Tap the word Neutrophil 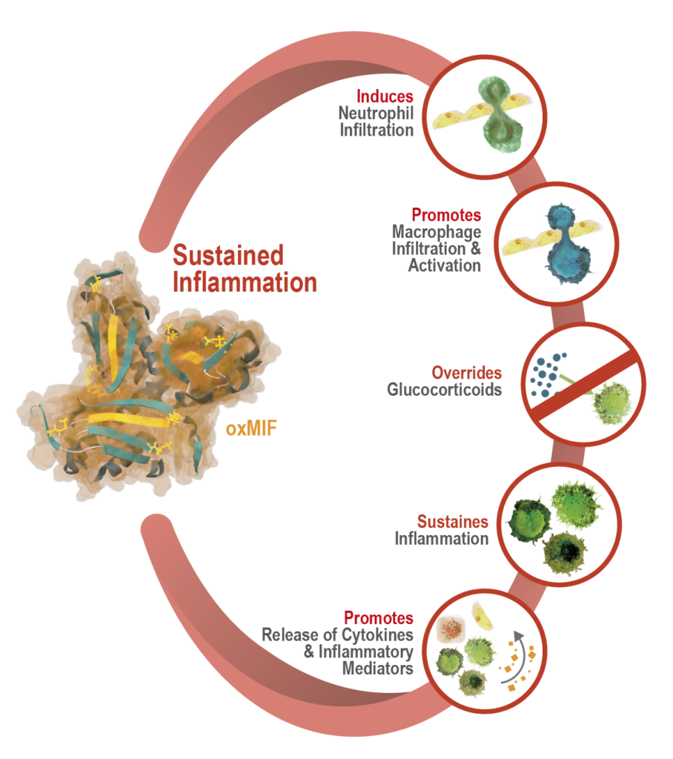tap(376, 113)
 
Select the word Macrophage tap(437, 232)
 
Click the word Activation tap(444, 265)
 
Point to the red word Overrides tap(466, 372)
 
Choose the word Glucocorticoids tap(444, 389)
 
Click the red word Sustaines tap(452, 521)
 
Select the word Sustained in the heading tap(228, 256)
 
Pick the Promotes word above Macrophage tap(446, 216)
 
